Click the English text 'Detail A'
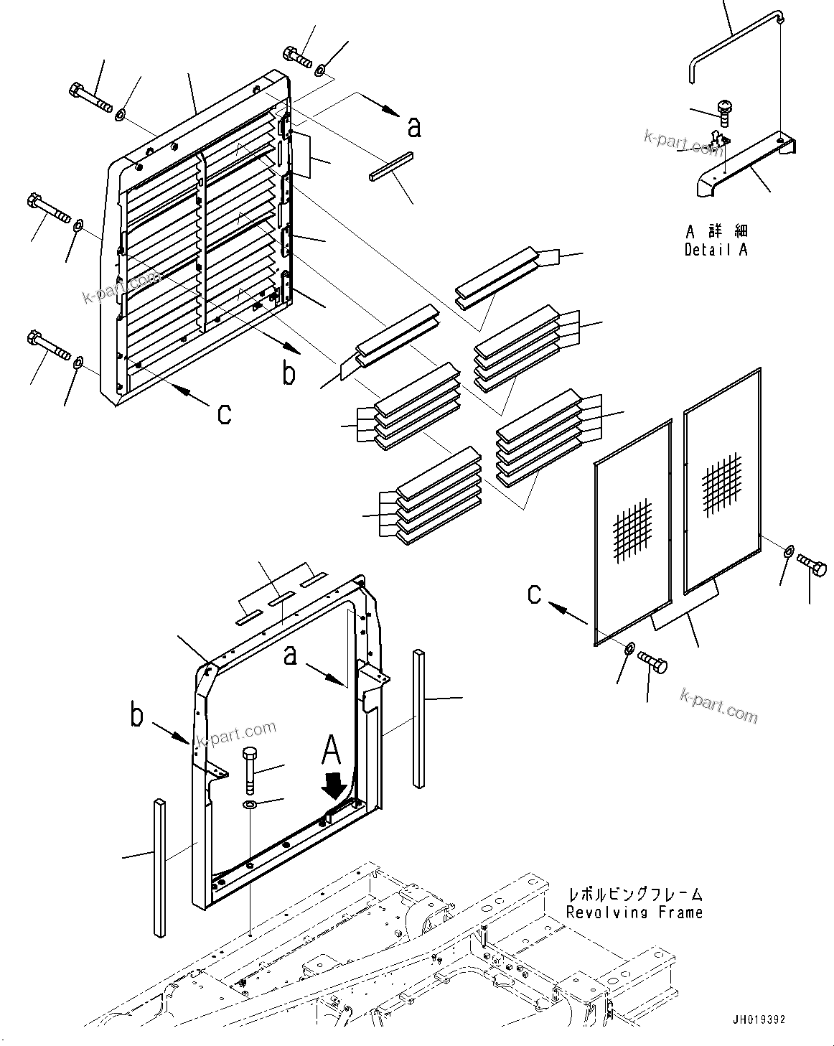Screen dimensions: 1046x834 tap(716, 250)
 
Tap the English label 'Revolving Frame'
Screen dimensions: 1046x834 tap(634, 912)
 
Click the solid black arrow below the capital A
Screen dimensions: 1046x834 tap(332, 788)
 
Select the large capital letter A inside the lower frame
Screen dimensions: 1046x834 tap(331, 751)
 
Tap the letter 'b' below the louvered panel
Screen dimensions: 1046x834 tap(289, 373)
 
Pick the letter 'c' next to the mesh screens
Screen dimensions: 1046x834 tap(535, 594)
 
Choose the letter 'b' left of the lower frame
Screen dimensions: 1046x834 tap(137, 715)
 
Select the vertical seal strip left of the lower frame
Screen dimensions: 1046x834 tap(158, 868)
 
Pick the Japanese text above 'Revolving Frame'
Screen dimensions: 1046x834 tap(634, 895)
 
